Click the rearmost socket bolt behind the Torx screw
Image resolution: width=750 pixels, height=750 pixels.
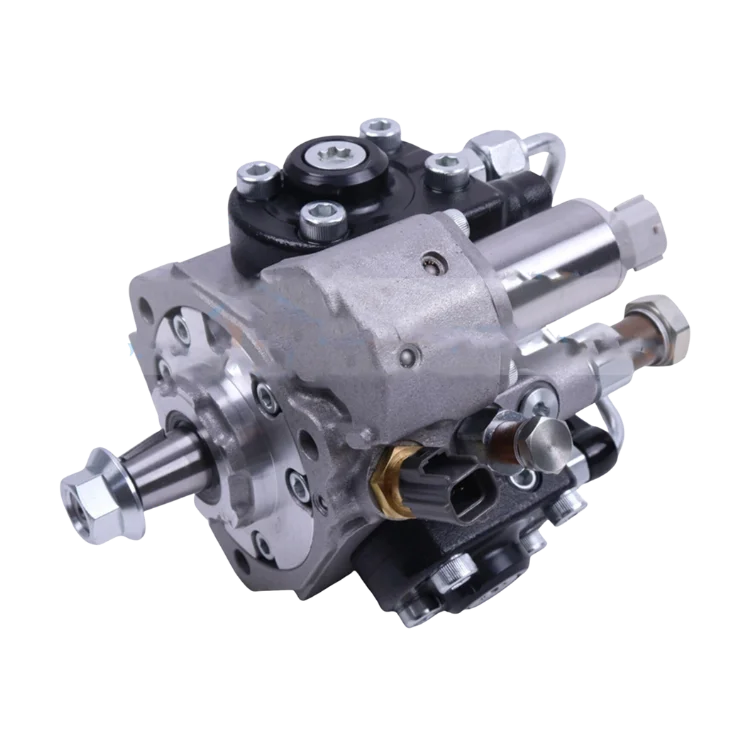pyautogui.click(x=378, y=127)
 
